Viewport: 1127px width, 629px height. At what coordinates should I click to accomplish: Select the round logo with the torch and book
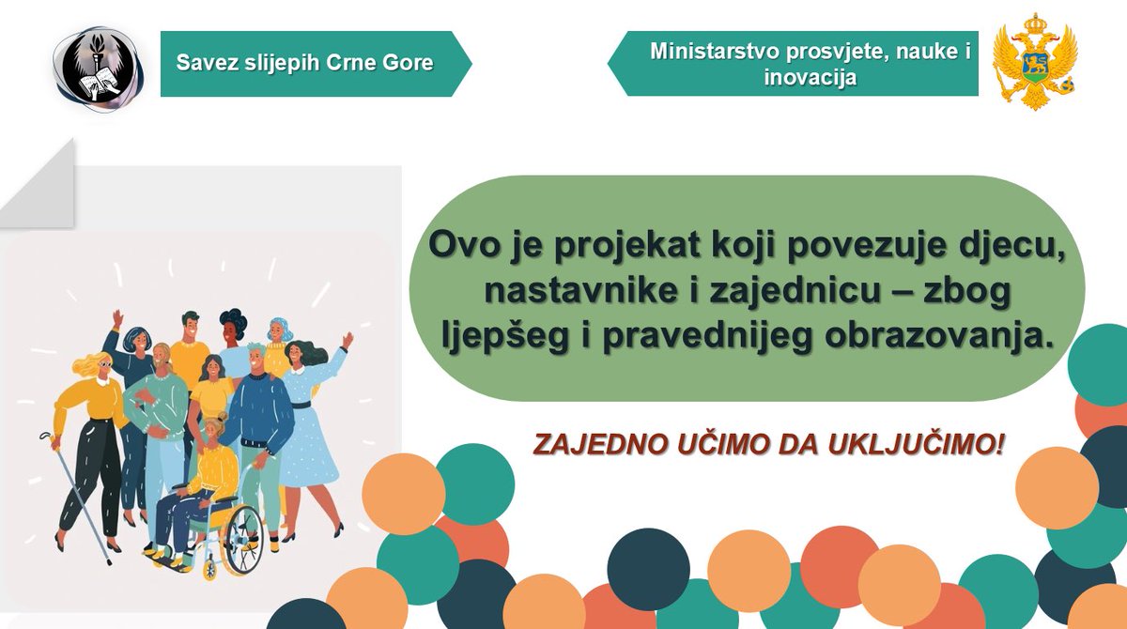click(x=99, y=63)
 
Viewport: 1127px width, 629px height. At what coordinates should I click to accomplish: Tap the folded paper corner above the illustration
click(x=42, y=188)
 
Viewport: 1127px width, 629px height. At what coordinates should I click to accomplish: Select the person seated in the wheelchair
click(x=202, y=479)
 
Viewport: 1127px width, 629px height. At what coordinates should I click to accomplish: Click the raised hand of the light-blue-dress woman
click(x=347, y=339)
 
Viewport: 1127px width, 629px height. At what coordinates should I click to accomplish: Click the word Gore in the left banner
click(x=413, y=63)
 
